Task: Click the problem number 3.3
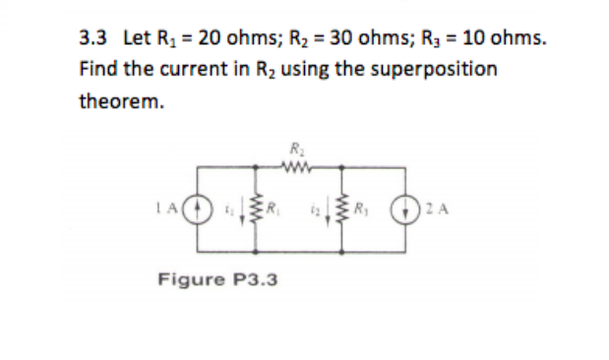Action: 91,39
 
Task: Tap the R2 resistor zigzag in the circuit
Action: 297,166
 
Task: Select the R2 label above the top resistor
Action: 296,150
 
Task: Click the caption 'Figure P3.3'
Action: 217,279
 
